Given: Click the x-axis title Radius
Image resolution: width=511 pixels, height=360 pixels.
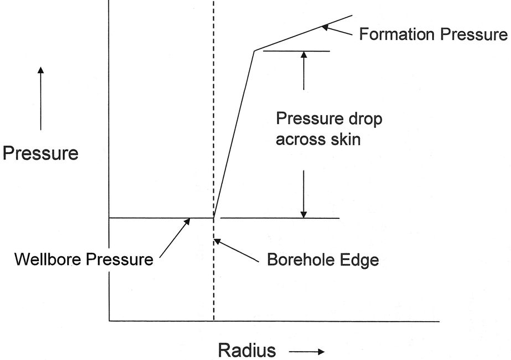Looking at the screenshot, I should (247, 351).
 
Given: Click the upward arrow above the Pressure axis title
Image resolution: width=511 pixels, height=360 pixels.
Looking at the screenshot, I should (40, 97).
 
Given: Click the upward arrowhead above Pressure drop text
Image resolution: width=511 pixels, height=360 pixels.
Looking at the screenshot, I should (304, 56).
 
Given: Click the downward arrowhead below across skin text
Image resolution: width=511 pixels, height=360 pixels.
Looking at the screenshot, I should (304, 212).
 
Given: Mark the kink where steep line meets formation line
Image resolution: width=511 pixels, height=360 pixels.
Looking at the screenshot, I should (254, 51).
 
